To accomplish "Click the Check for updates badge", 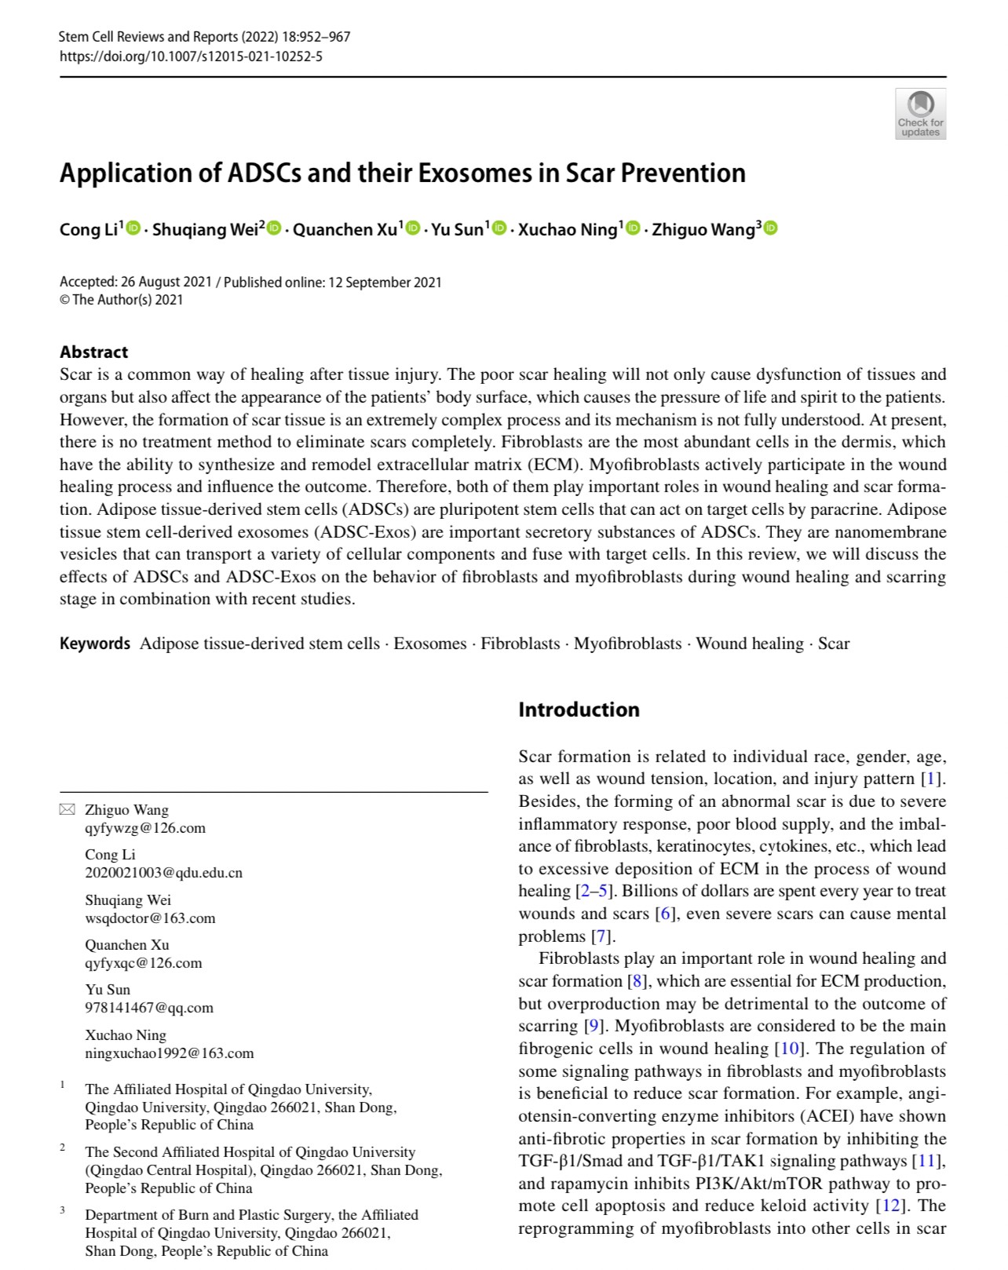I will point(920,114).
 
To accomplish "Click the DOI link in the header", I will point(191,56).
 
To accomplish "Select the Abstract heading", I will point(93,352).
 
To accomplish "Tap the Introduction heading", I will point(579,710).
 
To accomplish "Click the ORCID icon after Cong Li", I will point(133,228).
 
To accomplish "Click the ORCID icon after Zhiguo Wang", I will point(770,228).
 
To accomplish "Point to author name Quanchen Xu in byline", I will point(345,230).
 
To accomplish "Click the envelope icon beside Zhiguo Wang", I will point(68,809).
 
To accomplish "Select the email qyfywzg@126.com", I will point(145,827).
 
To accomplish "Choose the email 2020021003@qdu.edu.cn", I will point(163,872).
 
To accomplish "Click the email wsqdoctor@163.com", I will point(150,918).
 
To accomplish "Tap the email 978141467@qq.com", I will point(149,1007).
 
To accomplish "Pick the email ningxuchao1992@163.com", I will point(169,1053).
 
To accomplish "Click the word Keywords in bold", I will point(95,644).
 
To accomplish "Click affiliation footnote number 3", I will point(62,1210).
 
